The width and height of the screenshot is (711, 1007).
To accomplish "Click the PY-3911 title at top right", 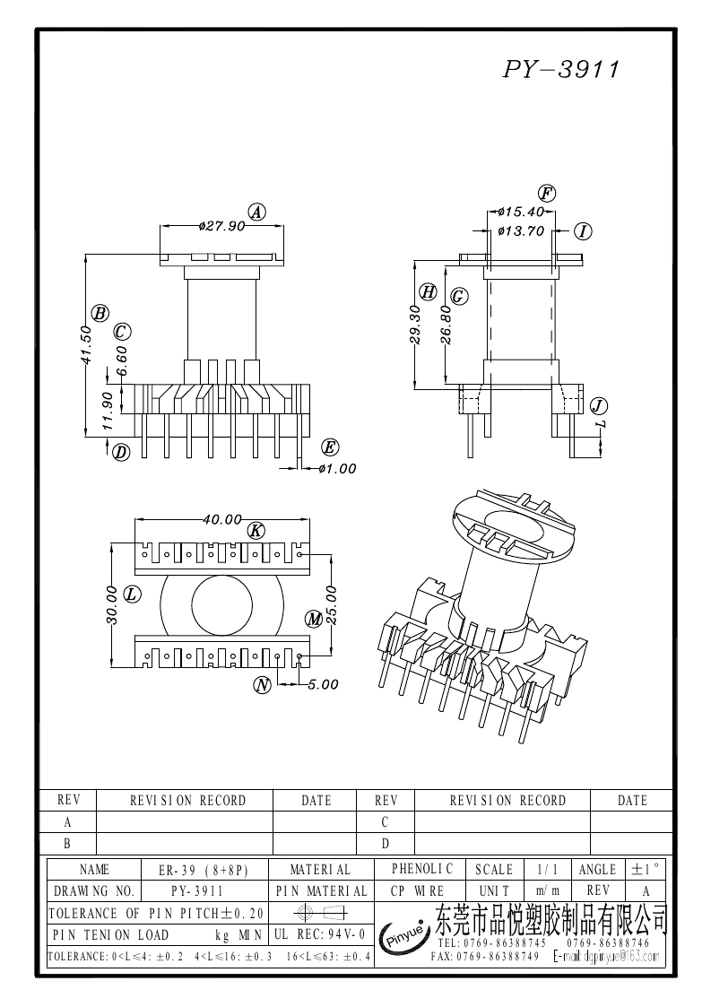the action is tap(560, 69).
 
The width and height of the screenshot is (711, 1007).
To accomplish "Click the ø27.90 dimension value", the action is tap(221, 226).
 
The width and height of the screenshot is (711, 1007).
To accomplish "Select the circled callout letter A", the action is tap(257, 212).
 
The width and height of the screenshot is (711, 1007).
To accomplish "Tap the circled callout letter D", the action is tap(121, 452).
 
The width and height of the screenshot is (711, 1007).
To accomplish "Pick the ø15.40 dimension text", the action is tap(521, 212).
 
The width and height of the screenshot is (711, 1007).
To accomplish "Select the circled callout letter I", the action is tap(583, 231).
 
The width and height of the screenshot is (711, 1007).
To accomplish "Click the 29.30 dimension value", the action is tap(415, 325).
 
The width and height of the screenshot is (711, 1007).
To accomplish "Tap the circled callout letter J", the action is tap(599, 406).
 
